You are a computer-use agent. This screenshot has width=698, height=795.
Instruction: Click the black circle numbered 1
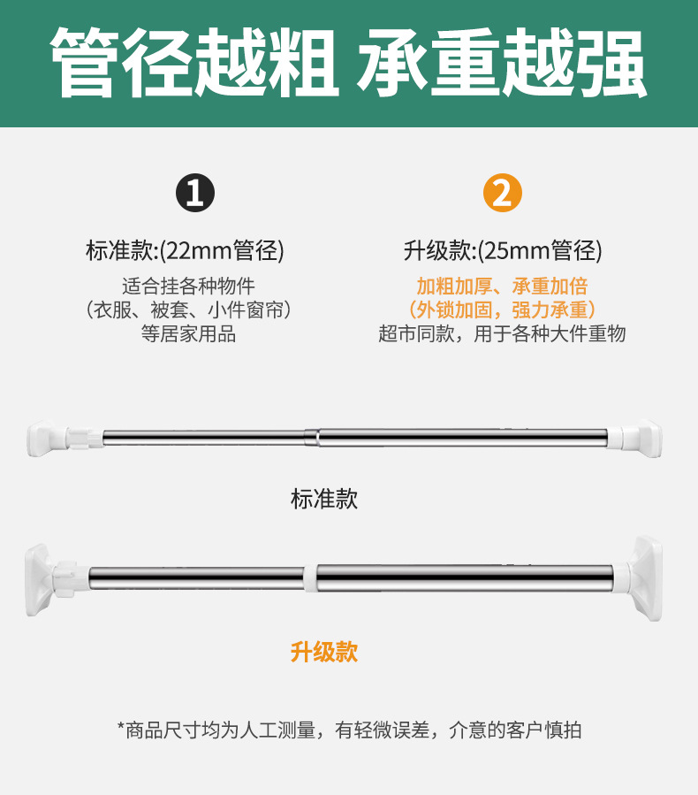click(195, 193)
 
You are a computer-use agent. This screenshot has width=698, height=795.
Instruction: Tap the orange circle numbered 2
click(502, 193)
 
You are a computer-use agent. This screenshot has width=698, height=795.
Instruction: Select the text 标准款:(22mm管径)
click(185, 250)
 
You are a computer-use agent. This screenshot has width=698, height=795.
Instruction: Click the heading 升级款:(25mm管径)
click(502, 250)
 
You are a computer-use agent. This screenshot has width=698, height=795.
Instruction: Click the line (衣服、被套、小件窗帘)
click(188, 310)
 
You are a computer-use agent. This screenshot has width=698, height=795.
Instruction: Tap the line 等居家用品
click(188, 334)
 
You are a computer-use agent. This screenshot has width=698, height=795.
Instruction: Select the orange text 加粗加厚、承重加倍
click(502, 287)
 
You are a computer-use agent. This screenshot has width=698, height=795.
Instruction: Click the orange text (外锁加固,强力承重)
click(502, 310)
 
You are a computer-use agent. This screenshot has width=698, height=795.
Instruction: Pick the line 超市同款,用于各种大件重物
click(502, 334)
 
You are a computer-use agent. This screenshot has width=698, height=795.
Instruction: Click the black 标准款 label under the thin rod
click(324, 499)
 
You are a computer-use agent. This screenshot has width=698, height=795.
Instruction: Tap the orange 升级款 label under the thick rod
click(324, 653)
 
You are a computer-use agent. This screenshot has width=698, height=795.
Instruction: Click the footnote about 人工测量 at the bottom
click(349, 730)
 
